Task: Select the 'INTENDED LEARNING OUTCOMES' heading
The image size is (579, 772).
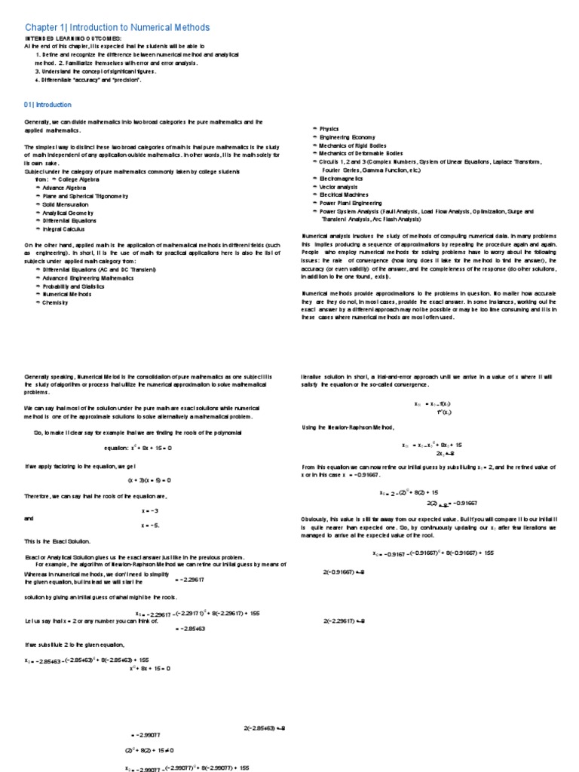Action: click(x=72, y=38)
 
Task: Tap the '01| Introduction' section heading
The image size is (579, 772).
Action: click(x=47, y=105)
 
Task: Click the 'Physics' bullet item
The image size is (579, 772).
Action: click(x=330, y=130)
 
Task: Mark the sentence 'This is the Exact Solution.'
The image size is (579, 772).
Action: click(x=57, y=541)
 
